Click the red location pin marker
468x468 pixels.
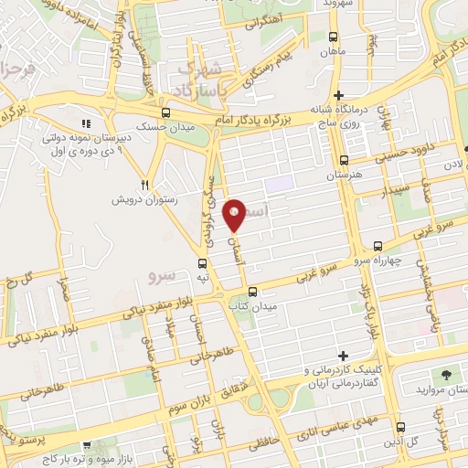[236, 216]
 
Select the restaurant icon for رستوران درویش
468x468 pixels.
[144, 183]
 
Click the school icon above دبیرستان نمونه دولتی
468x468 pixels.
[85, 123]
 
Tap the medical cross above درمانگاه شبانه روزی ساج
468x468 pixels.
[338, 95]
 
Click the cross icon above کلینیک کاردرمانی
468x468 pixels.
[344, 356]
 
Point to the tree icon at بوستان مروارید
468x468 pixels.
[446, 375]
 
